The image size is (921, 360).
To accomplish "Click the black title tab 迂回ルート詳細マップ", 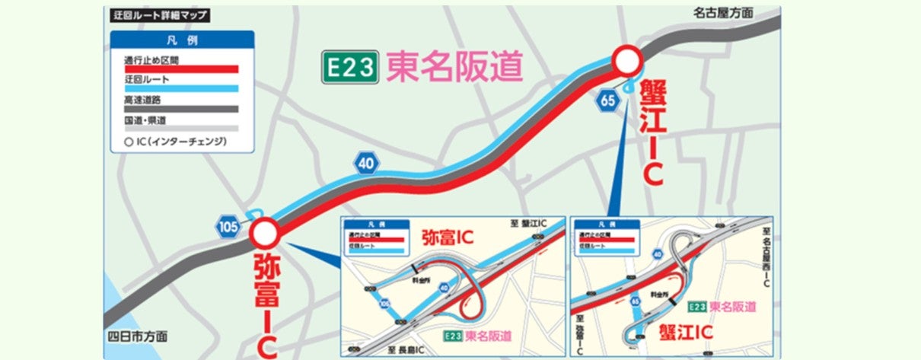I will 158,15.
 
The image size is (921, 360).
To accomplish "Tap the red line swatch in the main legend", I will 181,69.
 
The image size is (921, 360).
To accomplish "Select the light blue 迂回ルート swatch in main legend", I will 181,89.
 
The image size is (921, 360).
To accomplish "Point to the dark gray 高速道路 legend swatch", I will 181,109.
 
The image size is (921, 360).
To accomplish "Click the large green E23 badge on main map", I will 349,68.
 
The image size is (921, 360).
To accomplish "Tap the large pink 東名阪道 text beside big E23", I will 454,68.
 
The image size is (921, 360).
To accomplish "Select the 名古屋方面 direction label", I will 722,13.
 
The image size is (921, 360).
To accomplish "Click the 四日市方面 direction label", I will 137,336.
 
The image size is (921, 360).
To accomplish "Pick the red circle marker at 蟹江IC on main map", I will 629,59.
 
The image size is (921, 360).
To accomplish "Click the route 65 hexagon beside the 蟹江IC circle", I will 607,100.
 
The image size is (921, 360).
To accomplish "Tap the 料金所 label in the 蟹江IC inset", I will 649,293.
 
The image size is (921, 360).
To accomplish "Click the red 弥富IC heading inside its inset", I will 447,237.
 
